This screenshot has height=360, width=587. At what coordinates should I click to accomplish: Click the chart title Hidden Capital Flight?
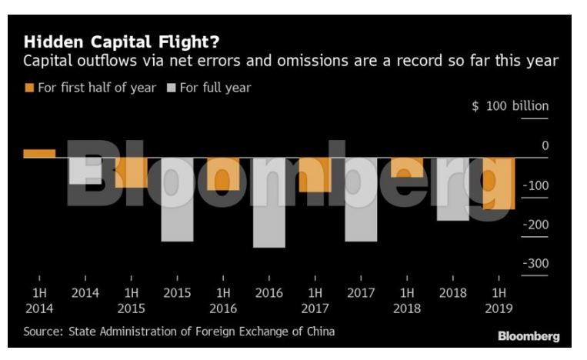[127, 40]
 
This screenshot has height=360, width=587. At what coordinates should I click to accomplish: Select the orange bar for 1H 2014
[39, 153]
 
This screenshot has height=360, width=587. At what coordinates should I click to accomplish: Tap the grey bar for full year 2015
[178, 200]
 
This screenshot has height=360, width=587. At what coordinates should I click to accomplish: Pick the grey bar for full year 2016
[269, 203]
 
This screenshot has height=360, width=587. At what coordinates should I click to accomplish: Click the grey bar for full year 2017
[361, 200]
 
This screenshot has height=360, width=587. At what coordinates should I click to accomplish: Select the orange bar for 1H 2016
[223, 174]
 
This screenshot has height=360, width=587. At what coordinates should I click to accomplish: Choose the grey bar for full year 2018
[453, 189]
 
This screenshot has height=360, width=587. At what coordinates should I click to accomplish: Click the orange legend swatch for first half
[29, 88]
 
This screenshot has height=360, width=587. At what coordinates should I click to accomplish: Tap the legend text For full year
[215, 88]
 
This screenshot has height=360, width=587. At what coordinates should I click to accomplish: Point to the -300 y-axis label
[535, 264]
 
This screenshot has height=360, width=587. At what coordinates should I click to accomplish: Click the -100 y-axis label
[535, 185]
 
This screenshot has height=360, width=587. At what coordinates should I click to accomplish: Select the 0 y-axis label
[545, 145]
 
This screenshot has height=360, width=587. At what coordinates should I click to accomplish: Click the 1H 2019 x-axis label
[499, 300]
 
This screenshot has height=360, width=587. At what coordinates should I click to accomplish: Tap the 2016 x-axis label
[269, 293]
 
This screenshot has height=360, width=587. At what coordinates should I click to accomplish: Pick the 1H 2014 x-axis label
[39, 300]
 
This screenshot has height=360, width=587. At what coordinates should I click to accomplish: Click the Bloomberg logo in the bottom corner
[529, 336]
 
